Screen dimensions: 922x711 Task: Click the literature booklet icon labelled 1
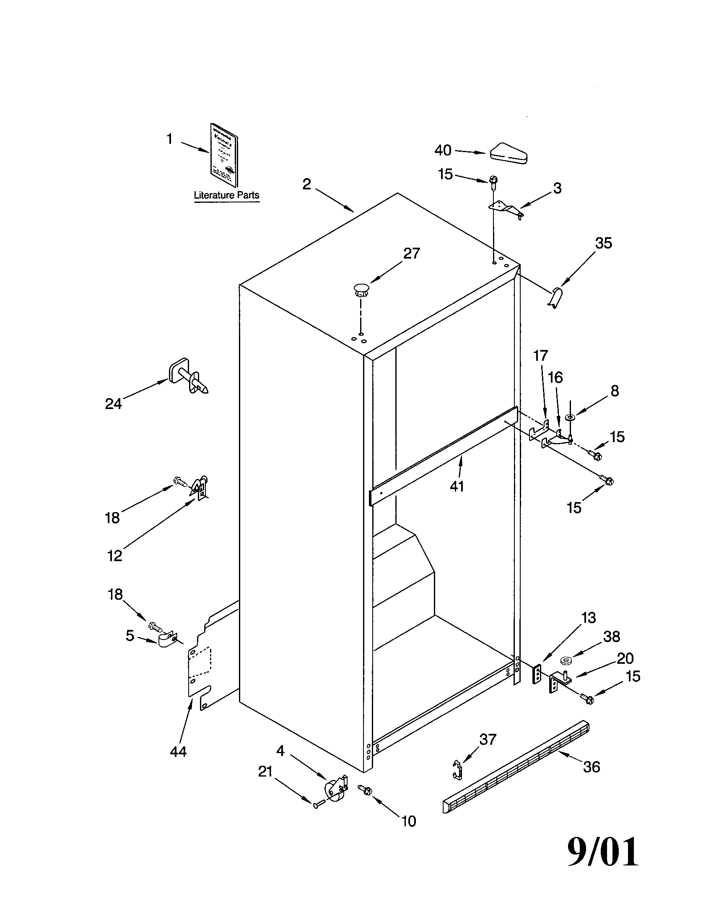coord(224,155)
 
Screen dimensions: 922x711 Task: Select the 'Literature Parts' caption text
coord(226,195)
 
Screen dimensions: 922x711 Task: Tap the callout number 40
coord(443,150)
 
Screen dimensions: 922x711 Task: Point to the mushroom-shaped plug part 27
coord(361,290)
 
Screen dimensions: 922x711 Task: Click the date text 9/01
coord(602,852)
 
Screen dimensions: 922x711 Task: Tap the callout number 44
coord(178,751)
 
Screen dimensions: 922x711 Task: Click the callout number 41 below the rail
coord(457,486)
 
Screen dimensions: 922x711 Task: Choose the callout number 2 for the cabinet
coord(307,184)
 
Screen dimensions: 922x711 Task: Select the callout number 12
coord(114,556)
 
